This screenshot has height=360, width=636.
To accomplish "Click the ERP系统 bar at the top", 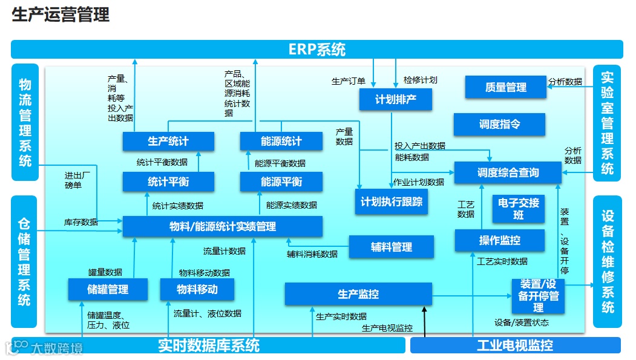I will coord(317,49).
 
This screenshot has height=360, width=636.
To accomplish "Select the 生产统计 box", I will coord(168,142).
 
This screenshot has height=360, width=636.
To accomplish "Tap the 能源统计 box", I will coord(281,142).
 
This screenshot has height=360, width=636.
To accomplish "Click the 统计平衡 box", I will coord(168,182).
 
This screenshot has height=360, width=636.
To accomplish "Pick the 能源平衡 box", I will coord(281,182).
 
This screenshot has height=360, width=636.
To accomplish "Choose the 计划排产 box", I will coord(396,99).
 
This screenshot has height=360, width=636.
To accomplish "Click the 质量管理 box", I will coord(505,87).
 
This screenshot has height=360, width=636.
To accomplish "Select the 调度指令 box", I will coord(499,124).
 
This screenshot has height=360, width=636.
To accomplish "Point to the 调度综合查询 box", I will coord(508,173).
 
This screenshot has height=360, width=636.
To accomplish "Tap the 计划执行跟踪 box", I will coord(392,201).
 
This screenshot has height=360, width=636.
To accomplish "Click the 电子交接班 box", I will coord(519,208).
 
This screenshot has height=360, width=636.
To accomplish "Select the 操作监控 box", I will coord(499,240).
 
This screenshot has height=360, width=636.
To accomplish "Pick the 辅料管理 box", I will coord(392,247).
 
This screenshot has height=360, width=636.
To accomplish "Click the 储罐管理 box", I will coord(108,289).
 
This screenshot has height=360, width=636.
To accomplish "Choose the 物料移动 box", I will coord(197,289).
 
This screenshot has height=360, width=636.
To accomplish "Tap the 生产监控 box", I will coord(358,294).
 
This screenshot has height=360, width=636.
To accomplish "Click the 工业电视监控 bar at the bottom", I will coord(515,345).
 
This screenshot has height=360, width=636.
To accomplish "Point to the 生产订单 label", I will coord(349,80).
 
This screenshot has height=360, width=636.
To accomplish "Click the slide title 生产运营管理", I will coord(61,15).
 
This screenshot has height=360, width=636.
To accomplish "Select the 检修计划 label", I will coord(420,80).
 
